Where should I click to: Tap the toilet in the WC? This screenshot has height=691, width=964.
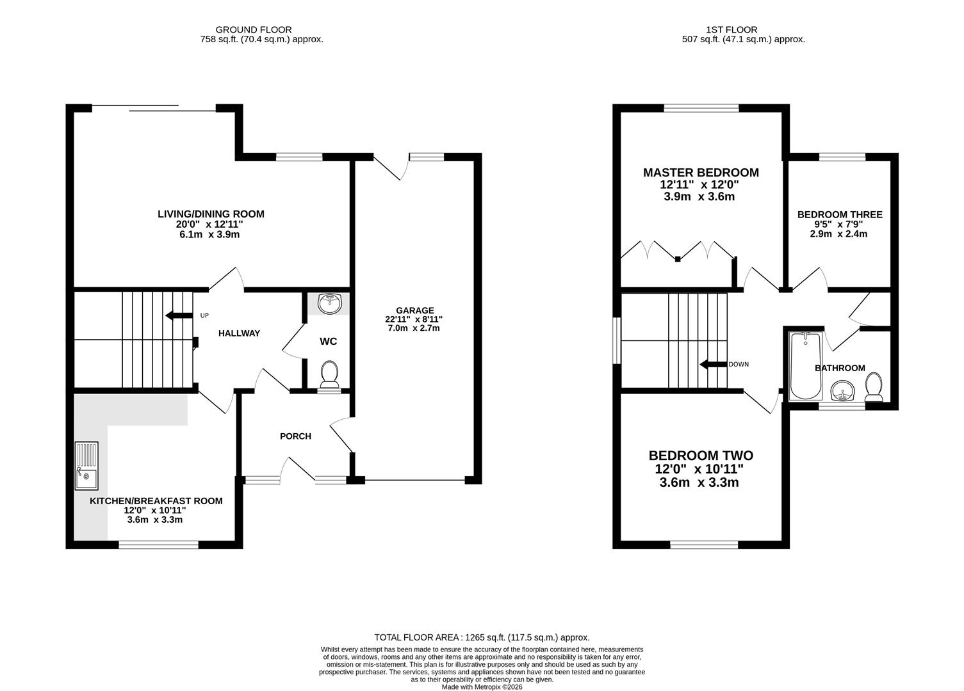click(330, 374)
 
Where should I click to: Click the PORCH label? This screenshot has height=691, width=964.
click(295, 436)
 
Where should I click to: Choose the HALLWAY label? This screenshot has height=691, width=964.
click(239, 333)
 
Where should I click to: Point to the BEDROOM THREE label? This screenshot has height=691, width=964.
click(839, 215)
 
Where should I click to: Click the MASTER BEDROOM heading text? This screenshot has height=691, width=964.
click(701, 173)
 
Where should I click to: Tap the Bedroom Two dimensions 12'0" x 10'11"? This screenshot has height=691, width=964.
click(701, 469)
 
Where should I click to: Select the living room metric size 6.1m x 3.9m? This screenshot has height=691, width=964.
click(211, 235)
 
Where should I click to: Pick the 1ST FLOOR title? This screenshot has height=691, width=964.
click(731, 29)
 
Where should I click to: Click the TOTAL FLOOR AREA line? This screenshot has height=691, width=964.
click(482, 637)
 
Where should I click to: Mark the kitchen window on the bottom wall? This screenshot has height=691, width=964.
click(158, 544)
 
